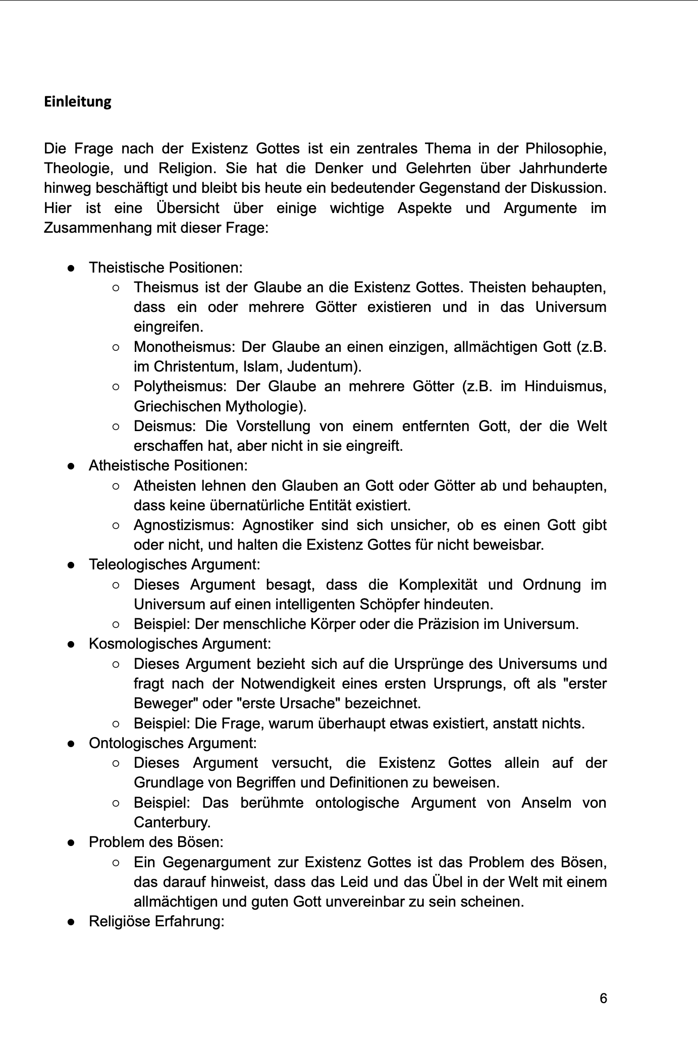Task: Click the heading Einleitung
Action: [78, 102]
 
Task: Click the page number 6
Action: [603, 998]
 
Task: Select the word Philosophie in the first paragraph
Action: [565, 149]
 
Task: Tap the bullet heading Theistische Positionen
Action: [166, 268]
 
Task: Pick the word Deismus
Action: [163, 427]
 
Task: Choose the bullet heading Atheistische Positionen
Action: [168, 465]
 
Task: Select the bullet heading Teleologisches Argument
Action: [174, 564]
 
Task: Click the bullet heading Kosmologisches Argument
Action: [180, 644]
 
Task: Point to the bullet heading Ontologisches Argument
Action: [173, 743]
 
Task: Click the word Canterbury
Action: [172, 823]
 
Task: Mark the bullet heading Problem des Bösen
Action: [156, 842]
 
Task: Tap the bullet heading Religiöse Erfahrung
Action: [156, 922]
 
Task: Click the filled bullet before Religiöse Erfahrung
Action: [72, 922]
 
